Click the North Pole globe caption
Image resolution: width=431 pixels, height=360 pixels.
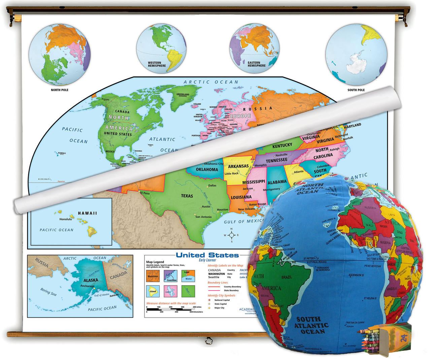60,90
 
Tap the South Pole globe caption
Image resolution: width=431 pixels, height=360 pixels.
356,90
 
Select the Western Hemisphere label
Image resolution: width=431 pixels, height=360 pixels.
157,64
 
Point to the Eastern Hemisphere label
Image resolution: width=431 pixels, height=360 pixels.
256,64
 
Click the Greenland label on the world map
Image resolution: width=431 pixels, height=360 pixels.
183,95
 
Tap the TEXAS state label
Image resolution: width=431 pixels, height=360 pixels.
187,196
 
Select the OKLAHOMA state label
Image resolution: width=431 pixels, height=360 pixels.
207,169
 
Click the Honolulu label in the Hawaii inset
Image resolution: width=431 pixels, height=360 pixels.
66,219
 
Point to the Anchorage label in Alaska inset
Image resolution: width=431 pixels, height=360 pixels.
87,286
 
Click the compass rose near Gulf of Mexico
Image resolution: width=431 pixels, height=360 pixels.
232,235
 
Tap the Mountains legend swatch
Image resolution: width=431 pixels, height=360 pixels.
153,276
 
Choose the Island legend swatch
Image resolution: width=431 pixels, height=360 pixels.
153,291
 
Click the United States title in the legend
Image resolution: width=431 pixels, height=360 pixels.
207,255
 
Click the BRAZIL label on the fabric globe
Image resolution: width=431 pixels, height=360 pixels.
287,277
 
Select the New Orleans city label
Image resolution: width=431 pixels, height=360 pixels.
246,209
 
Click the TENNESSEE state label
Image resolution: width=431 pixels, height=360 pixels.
276,161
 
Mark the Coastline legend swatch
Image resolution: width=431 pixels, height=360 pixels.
170,276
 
